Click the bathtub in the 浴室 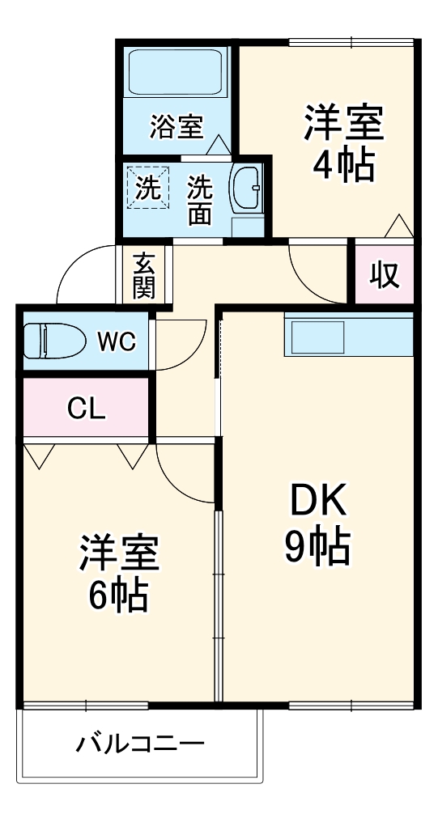tap(176, 74)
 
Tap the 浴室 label tap(176, 126)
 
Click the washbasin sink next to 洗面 tap(246, 189)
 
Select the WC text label tap(117, 341)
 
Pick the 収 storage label tap(385, 276)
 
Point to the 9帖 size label tap(317, 549)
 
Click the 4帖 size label tap(343, 166)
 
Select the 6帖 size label tap(118, 596)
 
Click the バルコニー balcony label tap(141, 742)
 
